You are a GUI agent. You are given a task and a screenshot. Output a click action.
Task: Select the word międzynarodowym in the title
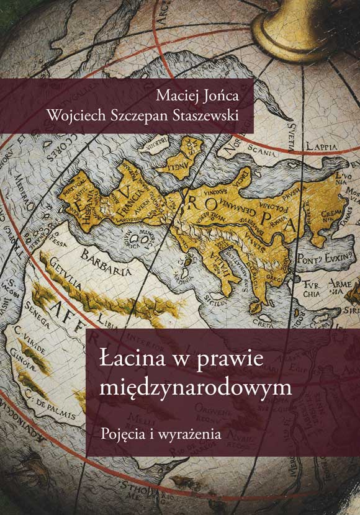[195, 387]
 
